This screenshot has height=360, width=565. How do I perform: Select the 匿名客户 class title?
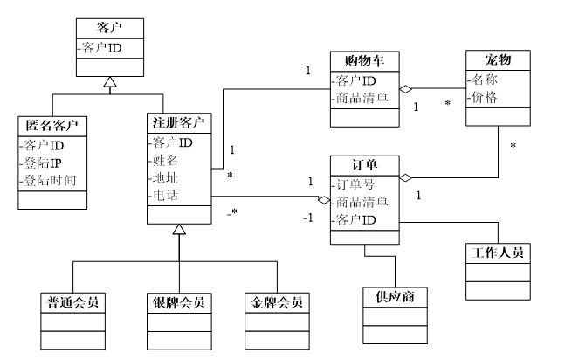(52, 126)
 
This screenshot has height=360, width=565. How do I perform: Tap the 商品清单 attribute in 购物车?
(364, 97)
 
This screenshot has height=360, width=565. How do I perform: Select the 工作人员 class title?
(498, 253)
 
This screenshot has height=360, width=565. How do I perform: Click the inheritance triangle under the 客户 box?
(107, 84)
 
